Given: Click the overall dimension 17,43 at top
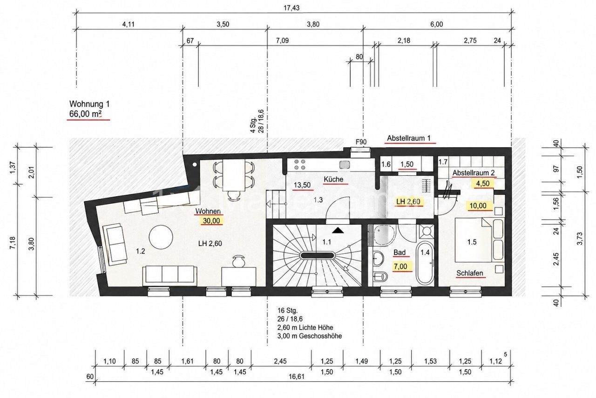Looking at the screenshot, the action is click(x=291, y=8).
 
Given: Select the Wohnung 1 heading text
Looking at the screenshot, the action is click(x=89, y=103).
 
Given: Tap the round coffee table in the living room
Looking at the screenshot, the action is click(x=161, y=237).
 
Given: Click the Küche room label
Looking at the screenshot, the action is click(x=333, y=179).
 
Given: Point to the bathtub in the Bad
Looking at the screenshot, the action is click(x=425, y=263).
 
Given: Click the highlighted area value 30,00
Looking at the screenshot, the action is click(x=211, y=221).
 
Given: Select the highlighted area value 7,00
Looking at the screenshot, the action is click(x=400, y=267).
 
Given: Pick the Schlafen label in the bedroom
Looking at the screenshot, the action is click(x=470, y=273).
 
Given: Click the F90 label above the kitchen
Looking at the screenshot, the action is click(x=361, y=142).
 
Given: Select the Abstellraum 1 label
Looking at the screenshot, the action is click(x=409, y=138).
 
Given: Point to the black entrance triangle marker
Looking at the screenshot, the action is click(x=338, y=230).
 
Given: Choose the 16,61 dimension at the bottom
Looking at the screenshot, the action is click(x=297, y=377).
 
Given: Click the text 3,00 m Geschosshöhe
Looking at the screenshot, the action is click(x=310, y=336).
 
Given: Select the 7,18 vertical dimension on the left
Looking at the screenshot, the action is click(x=13, y=243).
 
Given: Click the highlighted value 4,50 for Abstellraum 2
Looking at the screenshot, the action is click(x=482, y=184).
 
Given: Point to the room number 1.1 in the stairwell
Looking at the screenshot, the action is click(x=327, y=242).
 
